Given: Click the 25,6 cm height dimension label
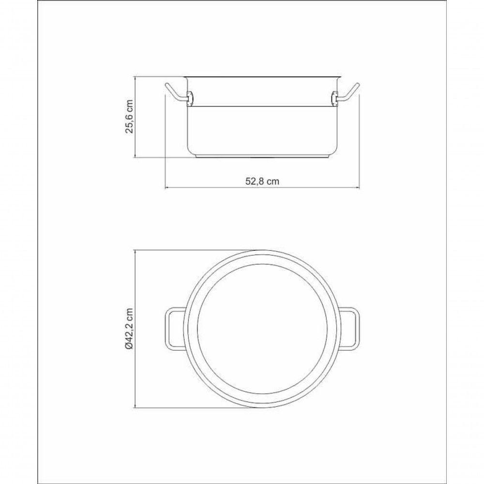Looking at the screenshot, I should (x=129, y=117).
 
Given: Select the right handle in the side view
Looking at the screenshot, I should (x=348, y=93).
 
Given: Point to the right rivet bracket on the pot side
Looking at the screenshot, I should (x=334, y=98).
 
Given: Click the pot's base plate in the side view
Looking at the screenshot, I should (x=262, y=157).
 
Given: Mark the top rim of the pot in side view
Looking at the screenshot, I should (x=262, y=77).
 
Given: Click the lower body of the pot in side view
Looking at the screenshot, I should (x=262, y=131).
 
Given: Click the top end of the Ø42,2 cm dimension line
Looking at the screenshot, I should (x=136, y=251).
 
